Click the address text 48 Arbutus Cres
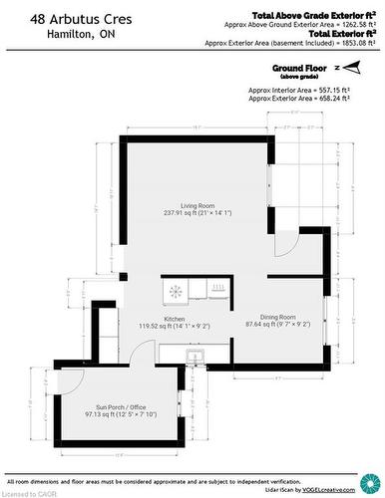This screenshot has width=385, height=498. click(59, 18)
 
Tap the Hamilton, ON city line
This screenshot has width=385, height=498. click(49, 34)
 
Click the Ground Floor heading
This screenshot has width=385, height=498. click(301, 68)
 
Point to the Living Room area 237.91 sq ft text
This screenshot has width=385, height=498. click(197, 212)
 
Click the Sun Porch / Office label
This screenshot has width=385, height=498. click(120, 407)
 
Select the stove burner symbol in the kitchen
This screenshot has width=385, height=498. click(177, 291)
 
